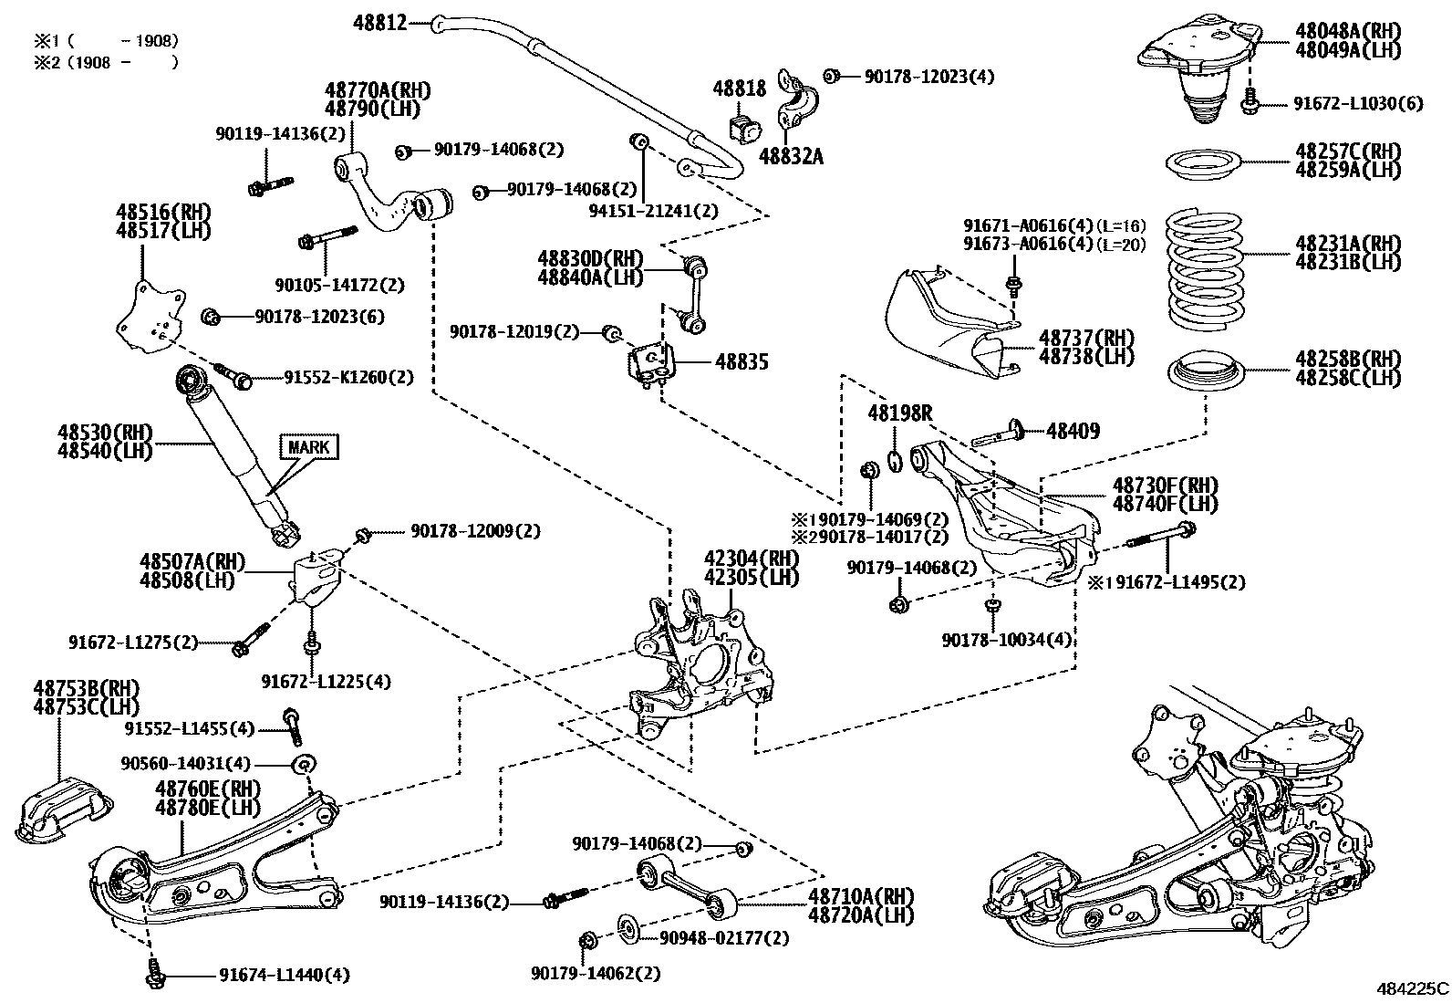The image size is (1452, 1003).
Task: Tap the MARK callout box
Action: click(x=308, y=447)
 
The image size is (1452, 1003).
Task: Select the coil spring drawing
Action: click(x=1206, y=271)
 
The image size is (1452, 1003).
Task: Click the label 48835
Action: click(x=742, y=362)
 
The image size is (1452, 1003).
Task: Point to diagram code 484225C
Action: click(x=1412, y=988)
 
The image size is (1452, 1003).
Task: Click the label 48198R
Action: click(x=899, y=413)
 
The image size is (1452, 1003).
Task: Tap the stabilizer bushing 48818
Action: click(x=745, y=128)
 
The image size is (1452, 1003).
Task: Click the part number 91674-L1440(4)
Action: click(x=284, y=975)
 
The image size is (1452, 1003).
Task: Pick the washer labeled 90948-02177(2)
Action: click(x=628, y=928)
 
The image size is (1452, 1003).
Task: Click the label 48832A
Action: click(x=790, y=156)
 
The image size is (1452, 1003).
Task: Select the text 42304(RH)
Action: click(x=751, y=559)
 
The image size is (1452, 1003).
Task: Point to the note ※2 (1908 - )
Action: click(x=105, y=62)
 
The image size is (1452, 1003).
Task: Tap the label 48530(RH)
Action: click(x=105, y=432)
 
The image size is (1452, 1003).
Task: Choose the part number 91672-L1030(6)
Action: click(x=1357, y=103)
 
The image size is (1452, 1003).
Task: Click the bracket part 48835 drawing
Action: click(x=651, y=364)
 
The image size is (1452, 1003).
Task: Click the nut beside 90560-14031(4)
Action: click(x=305, y=763)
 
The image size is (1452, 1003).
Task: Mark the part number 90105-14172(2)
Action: click(x=338, y=285)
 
